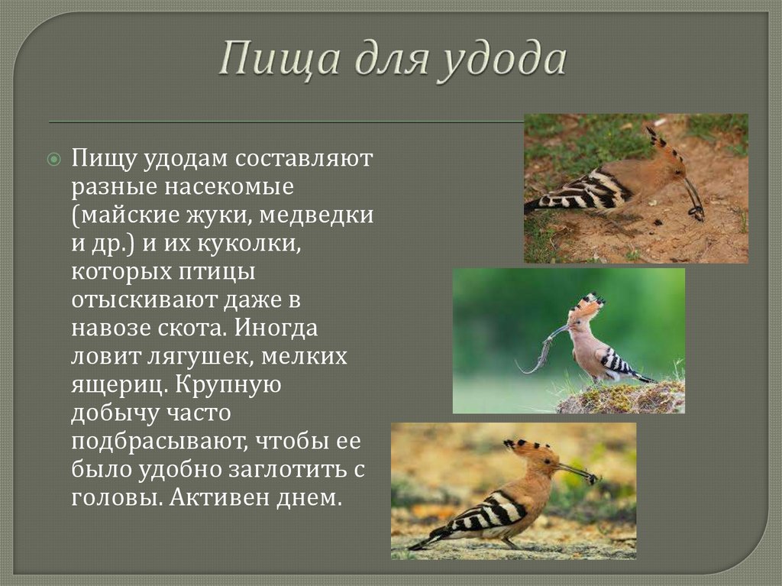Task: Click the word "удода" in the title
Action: (x=502, y=60)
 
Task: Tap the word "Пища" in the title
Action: (x=280, y=60)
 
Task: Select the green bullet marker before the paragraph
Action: (x=54, y=160)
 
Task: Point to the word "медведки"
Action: (x=316, y=215)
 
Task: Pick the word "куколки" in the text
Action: (x=249, y=244)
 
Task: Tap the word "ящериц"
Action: (x=117, y=385)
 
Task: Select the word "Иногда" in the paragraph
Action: (x=276, y=328)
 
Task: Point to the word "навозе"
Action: (x=111, y=329)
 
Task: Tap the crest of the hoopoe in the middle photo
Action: (x=589, y=306)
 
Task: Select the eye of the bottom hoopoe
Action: (x=548, y=460)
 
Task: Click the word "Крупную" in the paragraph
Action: (x=229, y=385)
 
